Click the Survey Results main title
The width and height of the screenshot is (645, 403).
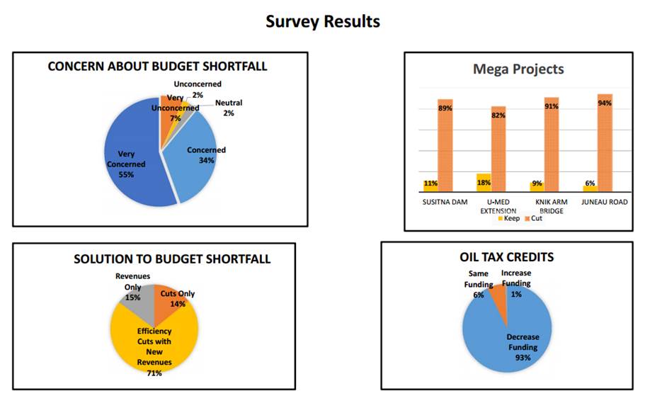coord(322,21)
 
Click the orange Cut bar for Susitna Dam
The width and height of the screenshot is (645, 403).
coord(445,149)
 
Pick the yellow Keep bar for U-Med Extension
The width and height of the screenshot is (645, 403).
coord(484,183)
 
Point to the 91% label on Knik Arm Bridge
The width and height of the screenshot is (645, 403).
coord(551,106)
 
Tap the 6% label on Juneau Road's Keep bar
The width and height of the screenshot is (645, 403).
coord(589,183)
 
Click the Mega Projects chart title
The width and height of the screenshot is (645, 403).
coord(518,69)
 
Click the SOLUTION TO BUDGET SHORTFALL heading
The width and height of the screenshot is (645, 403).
coord(172,259)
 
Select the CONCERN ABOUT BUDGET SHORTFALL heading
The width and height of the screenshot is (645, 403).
coord(157,67)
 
